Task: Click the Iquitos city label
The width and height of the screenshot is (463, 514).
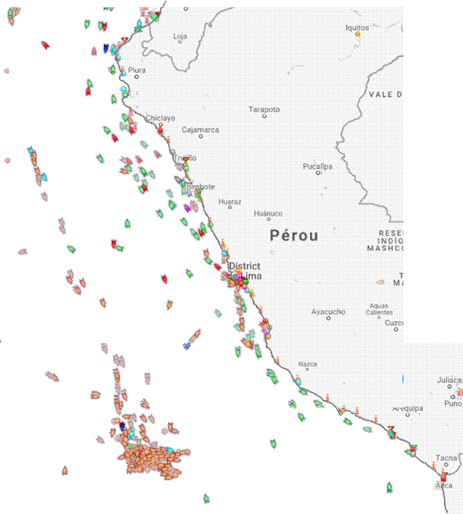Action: tap(357, 27)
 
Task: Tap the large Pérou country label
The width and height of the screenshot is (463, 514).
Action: tap(294, 236)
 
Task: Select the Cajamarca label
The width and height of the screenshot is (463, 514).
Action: tap(200, 129)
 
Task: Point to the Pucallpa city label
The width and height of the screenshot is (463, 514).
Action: tap(317, 166)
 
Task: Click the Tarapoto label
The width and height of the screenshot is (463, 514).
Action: tap(264, 109)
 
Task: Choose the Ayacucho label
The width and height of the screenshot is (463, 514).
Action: tap(328, 312)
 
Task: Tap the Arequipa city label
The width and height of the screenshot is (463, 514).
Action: tap(408, 408)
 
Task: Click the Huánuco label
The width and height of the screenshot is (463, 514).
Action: tap(268, 213)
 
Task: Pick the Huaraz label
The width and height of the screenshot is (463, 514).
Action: tap(230, 202)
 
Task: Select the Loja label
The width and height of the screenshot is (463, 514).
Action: tap(180, 36)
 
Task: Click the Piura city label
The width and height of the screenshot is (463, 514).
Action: tap(137, 70)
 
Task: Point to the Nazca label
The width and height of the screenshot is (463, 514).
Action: tap(307, 364)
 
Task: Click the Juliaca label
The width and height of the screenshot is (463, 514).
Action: tap(450, 380)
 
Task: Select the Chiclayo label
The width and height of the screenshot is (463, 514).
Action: tap(160, 118)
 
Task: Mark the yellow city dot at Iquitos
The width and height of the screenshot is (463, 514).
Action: tap(358, 34)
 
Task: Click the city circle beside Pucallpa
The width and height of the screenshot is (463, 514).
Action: tap(318, 173)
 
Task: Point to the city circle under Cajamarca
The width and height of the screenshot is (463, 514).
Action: tap(201, 136)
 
